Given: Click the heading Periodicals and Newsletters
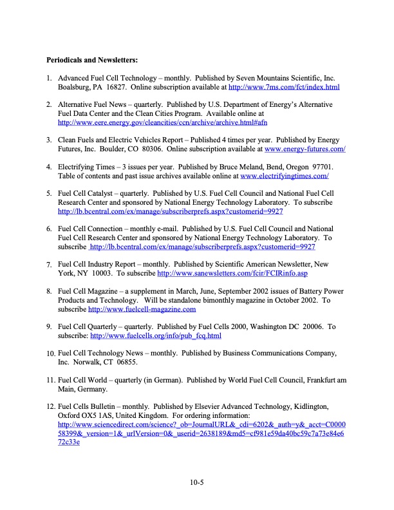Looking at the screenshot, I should [92, 61].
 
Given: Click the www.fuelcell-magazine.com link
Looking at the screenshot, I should [142, 309].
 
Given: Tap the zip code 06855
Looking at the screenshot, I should [138, 363].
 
